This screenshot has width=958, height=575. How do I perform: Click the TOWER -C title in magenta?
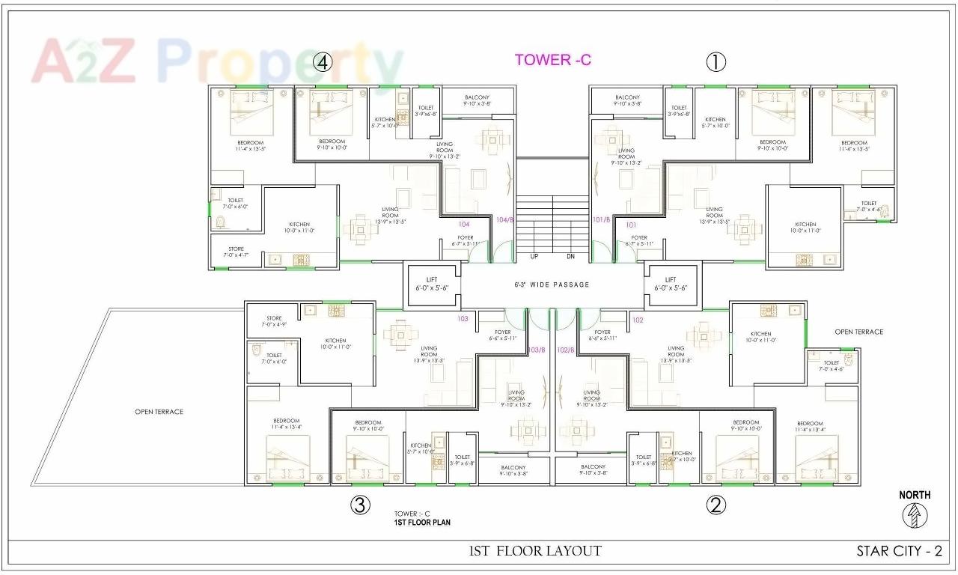(x=552, y=60)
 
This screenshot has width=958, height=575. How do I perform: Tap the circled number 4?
(x=322, y=62)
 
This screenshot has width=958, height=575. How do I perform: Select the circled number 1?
(x=716, y=62)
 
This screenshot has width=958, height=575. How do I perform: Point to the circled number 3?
(x=360, y=505)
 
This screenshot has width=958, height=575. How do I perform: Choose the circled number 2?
(x=716, y=505)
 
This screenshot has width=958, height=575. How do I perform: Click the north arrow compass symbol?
(x=915, y=514)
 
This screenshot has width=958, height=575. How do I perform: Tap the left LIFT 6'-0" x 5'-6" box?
(x=431, y=284)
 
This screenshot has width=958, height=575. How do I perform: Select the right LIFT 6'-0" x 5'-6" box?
(x=671, y=284)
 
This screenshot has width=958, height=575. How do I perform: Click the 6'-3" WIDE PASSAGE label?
(x=552, y=285)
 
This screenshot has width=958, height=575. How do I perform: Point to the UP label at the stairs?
(x=534, y=256)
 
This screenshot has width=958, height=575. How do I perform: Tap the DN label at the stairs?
(x=570, y=256)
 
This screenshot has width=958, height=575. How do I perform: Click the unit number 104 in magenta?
(x=464, y=224)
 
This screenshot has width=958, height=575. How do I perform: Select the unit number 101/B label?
(x=601, y=219)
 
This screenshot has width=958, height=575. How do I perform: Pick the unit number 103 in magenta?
(x=463, y=319)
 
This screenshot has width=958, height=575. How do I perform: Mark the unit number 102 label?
(x=638, y=320)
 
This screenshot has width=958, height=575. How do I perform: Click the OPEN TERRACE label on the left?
(x=159, y=412)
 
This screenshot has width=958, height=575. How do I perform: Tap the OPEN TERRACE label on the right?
(x=858, y=332)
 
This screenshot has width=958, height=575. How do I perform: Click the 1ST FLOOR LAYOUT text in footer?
(x=535, y=551)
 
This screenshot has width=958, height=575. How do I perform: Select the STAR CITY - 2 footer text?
(x=899, y=551)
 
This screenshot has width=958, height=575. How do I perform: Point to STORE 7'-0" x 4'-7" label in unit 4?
(x=236, y=252)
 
